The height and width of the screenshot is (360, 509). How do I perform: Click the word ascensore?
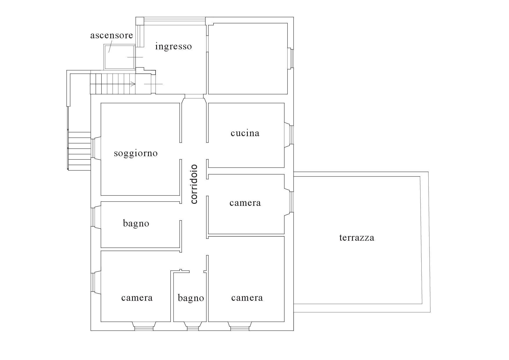(111, 35)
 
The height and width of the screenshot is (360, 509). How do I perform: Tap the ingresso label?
(174, 46)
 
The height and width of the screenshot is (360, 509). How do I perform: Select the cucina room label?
(245, 133)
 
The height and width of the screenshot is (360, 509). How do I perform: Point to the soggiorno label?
(136, 153)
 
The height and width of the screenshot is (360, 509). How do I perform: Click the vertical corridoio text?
(194, 184)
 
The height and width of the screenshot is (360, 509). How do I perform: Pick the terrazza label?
(357, 238)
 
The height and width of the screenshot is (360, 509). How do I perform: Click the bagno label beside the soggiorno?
(136, 224)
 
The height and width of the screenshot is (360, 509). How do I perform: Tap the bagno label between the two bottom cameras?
(191, 298)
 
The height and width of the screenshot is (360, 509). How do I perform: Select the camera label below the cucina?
(245, 203)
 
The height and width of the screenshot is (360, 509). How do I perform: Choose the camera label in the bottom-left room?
(137, 298)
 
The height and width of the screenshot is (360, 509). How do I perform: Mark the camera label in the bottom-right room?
(247, 298)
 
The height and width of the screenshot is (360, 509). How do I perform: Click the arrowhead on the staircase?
(133, 84)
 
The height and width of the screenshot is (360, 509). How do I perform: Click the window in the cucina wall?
(291, 135)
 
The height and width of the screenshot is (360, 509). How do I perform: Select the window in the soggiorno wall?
(93, 148)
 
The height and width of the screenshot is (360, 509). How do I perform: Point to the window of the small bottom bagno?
(193, 328)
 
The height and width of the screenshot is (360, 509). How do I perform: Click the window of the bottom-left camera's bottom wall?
(144, 328)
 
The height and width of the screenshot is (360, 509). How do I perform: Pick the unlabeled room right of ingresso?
(248, 59)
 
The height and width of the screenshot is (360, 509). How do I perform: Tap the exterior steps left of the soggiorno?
(79, 151)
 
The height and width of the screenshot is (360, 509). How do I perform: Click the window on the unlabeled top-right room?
(291, 58)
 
